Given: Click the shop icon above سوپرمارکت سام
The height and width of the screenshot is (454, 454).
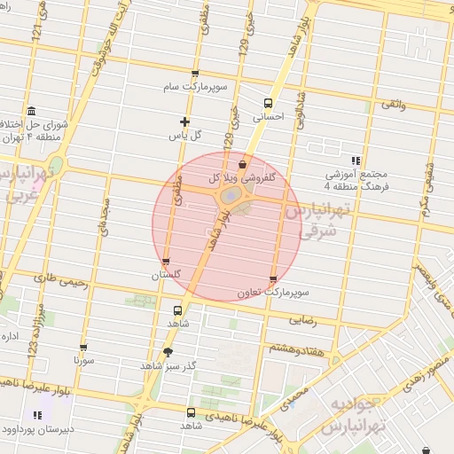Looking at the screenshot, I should pyautogui.click(x=195, y=74).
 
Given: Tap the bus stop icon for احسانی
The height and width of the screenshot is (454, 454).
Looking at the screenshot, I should pyautogui.click(x=268, y=102).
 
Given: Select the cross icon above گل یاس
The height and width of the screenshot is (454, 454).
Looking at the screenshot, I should pyautogui.click(x=184, y=121).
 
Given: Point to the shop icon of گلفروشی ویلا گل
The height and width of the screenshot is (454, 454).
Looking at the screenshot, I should pyautogui.click(x=243, y=164).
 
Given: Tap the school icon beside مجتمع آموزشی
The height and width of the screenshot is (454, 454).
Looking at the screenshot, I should pyautogui.click(x=356, y=160).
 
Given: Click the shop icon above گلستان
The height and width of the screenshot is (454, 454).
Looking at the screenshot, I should pyautogui.click(x=166, y=262).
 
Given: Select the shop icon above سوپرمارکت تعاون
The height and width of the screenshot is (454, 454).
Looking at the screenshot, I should pyautogui.click(x=272, y=279).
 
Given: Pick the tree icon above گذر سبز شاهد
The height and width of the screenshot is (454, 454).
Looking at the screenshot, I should pyautogui.click(x=168, y=352).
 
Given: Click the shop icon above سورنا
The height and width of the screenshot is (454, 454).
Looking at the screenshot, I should pyautogui.click(x=83, y=348).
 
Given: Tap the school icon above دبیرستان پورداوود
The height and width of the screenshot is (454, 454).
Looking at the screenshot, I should pyautogui.click(x=37, y=415).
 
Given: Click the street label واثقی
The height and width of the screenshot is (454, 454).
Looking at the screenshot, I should pyautogui.click(x=393, y=105).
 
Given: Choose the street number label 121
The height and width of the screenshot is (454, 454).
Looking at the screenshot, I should pyautogui.click(x=36, y=31).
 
